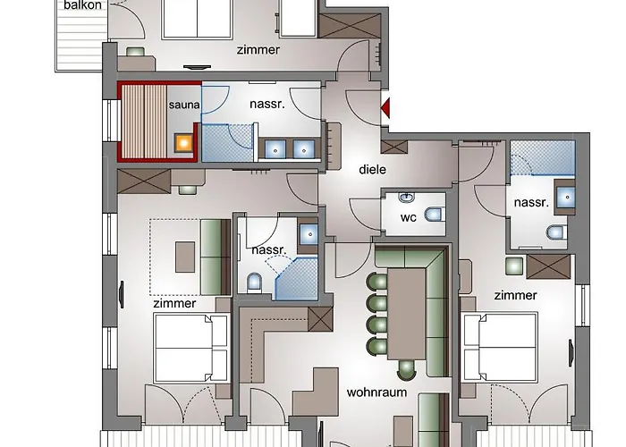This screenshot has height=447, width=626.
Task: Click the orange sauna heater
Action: click(183, 141)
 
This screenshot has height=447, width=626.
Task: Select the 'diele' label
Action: click(372, 168)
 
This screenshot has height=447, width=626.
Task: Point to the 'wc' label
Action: click(408, 217)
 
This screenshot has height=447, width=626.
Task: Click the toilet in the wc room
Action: click(434, 215)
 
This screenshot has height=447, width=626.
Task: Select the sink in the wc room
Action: click(407, 197)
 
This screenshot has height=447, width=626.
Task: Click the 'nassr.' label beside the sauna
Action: click(266, 104)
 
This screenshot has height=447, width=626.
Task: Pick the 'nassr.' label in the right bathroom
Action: click(531, 203)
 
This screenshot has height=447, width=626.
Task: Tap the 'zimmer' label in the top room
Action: click(258, 50)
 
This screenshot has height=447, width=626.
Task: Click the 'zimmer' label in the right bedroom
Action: click(515, 295)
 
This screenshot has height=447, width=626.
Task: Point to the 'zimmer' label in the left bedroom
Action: click(174, 304)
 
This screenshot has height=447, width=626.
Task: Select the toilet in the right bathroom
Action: click(554, 234)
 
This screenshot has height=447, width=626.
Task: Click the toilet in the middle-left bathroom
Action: click(253, 283)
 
